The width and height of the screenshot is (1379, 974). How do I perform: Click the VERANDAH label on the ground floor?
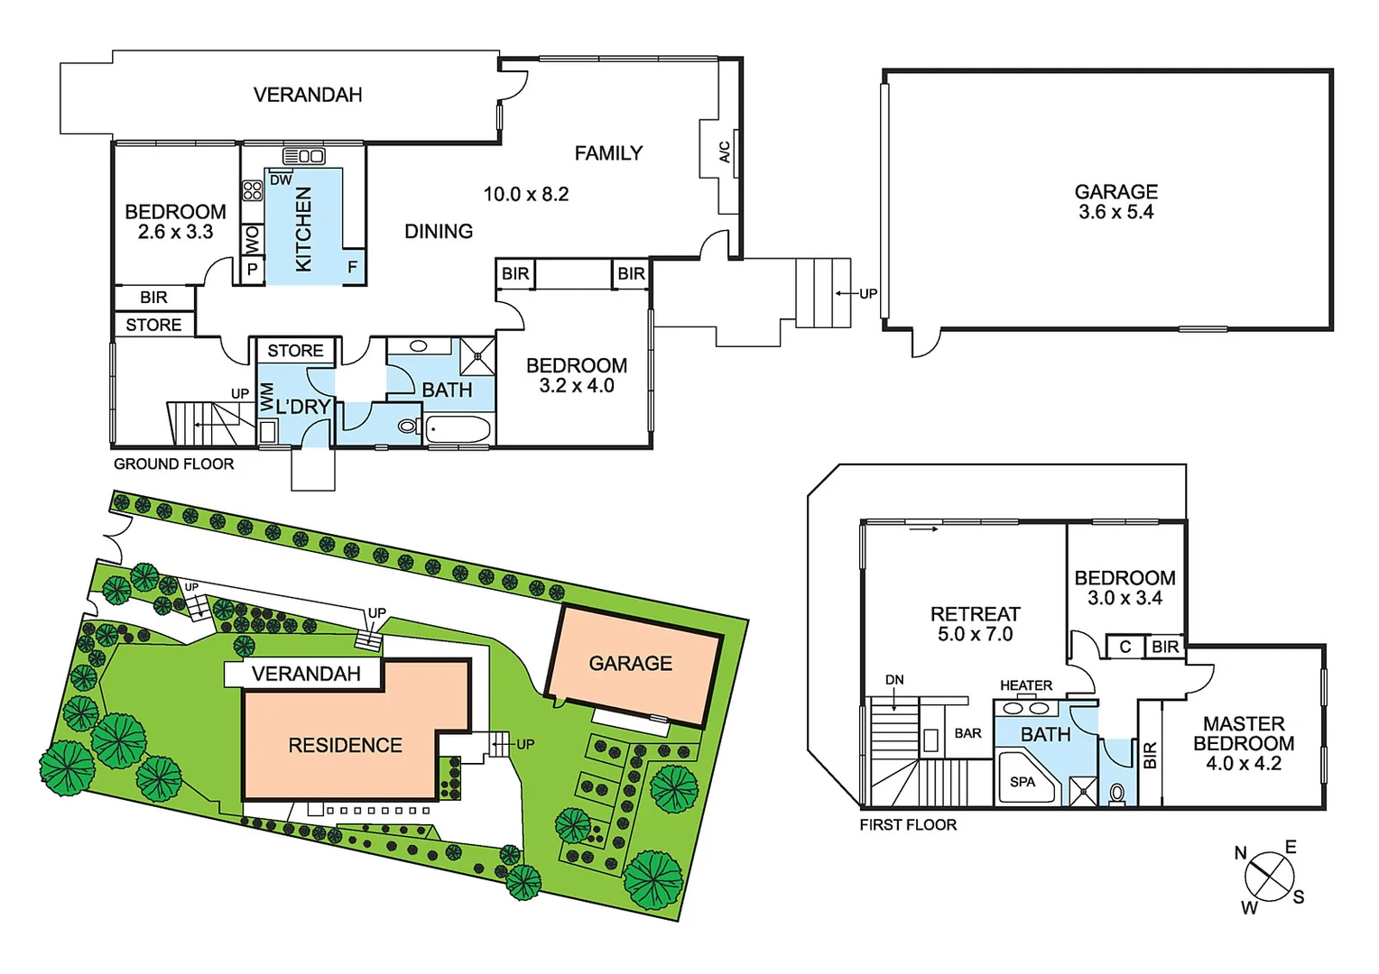point(308,95)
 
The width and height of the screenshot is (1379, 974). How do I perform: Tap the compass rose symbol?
point(1269,876)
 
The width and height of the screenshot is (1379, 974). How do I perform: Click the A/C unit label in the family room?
point(724,152)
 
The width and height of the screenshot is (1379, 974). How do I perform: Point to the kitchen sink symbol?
point(304,156)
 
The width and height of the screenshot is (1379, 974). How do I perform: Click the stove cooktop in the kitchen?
point(252,190)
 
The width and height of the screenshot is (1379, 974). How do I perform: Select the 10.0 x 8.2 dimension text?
point(525,194)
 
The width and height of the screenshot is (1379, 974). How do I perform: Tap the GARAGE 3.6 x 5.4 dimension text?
point(1115,212)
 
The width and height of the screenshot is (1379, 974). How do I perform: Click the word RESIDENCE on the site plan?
point(345,745)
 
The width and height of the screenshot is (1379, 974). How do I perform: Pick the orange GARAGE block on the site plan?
point(630,664)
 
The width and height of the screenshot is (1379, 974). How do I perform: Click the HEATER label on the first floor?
point(1025,685)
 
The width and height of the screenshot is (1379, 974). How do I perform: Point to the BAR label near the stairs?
point(967,733)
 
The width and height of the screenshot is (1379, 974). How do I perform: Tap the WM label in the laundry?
point(267,398)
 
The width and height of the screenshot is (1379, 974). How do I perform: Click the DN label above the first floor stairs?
point(893,680)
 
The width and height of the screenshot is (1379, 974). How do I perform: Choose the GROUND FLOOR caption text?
point(173,464)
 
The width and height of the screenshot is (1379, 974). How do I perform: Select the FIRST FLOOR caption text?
point(907,824)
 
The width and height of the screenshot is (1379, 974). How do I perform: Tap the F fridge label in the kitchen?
point(352,267)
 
